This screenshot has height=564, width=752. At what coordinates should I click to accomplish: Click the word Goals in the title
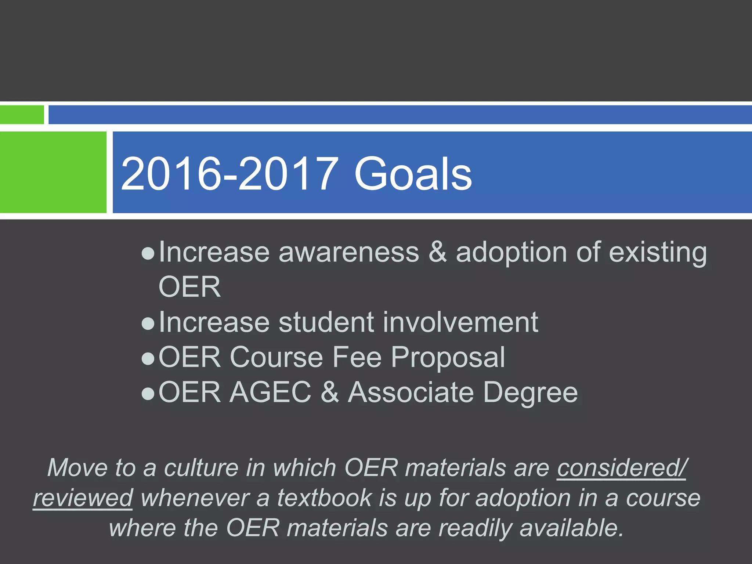coord(413,174)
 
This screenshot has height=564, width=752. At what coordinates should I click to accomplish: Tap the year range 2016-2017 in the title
coord(229,174)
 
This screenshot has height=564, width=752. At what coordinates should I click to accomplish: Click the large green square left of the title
coord(53,172)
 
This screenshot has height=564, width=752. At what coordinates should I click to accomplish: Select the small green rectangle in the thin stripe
coord(22,115)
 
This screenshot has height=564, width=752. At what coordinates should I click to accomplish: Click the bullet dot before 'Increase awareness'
coord(148,253)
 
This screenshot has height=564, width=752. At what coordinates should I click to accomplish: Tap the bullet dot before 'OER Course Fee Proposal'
coord(148,359)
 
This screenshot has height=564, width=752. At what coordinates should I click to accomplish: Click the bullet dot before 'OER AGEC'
coord(148,394)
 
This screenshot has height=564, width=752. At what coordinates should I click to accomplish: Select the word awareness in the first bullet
coord(349,253)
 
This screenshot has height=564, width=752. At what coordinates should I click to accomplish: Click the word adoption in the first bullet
coord(511,253)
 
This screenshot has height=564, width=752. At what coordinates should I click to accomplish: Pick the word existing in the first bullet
coord(658,253)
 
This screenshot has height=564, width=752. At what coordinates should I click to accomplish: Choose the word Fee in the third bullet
coord(357,357)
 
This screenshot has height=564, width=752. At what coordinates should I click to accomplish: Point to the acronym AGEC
coord(271,393)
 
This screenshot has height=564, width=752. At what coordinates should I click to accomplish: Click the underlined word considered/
coord(622,468)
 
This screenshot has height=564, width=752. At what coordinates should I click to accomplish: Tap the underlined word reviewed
coord(83,498)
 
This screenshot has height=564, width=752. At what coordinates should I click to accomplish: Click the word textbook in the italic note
coord(325,498)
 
